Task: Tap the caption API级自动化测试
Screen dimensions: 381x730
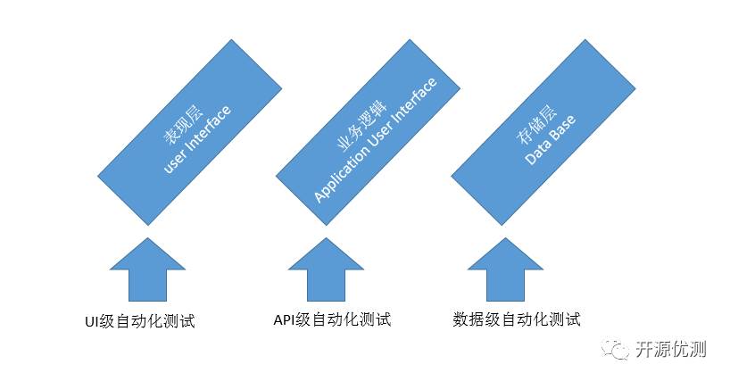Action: pos(331,319)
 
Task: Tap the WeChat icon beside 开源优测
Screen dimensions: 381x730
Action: pos(617,349)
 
